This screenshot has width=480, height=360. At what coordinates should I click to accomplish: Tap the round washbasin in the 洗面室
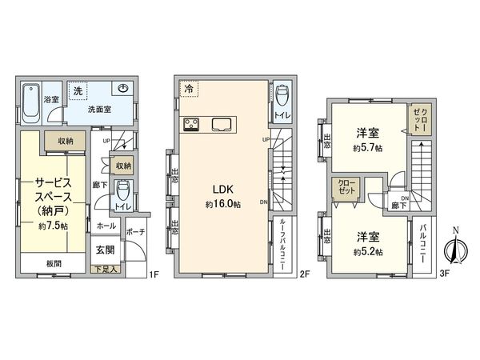point(125,90)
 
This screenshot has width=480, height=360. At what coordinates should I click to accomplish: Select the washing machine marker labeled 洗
point(78,90)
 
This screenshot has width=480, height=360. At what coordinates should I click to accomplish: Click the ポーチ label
point(135,233)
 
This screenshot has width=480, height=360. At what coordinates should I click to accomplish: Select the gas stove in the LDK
point(194,123)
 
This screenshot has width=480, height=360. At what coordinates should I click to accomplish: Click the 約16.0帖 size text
point(222,203)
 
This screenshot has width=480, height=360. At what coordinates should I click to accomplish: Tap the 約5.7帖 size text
point(368,149)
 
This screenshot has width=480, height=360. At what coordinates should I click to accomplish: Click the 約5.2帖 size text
point(368,252)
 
